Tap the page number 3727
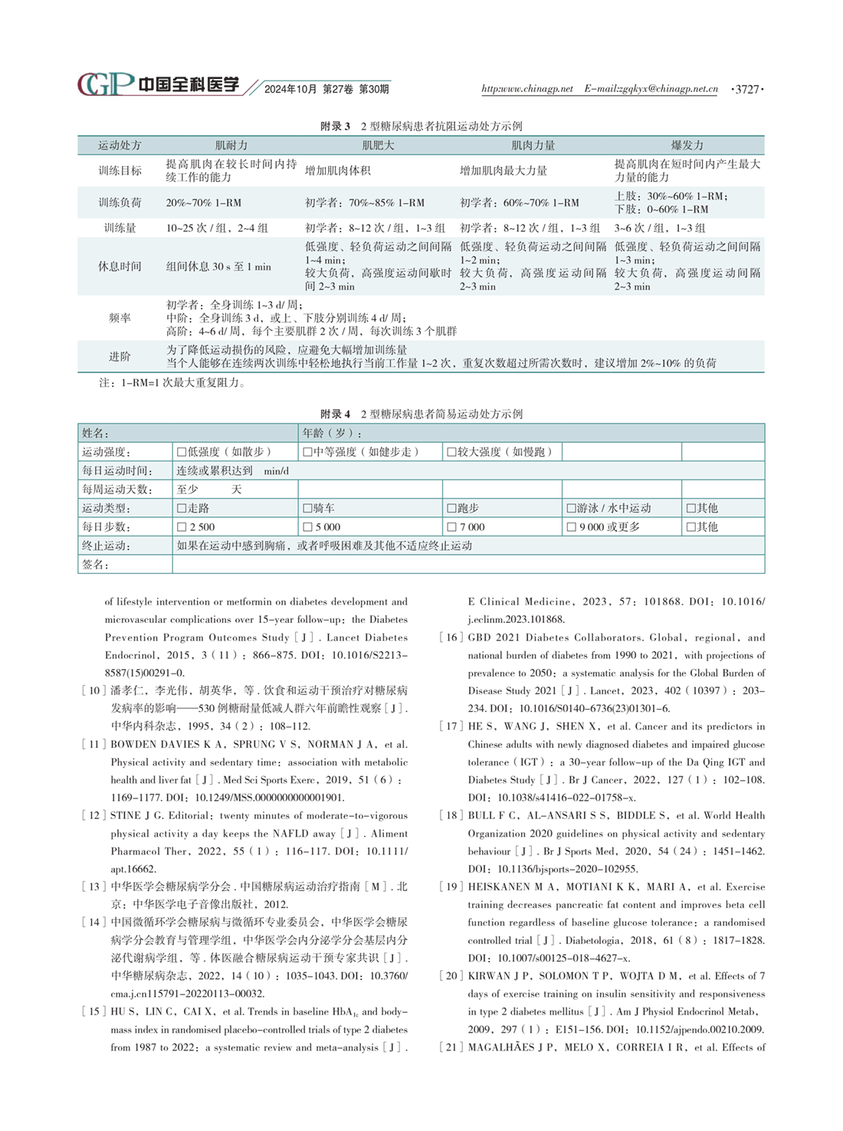[747, 89]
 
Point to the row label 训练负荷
[120, 202]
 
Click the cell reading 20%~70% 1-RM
[204, 203]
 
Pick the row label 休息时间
[120, 266]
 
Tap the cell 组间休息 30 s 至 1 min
[218, 267]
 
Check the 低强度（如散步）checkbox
[182, 452]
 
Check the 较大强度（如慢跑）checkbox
[451, 452]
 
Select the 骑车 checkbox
[307, 508]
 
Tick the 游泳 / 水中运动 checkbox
[571, 508]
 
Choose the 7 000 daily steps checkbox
[451, 527]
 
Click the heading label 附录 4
[336, 414]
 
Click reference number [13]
[93, 887]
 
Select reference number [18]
[451, 815]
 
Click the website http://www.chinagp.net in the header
[527, 89]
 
